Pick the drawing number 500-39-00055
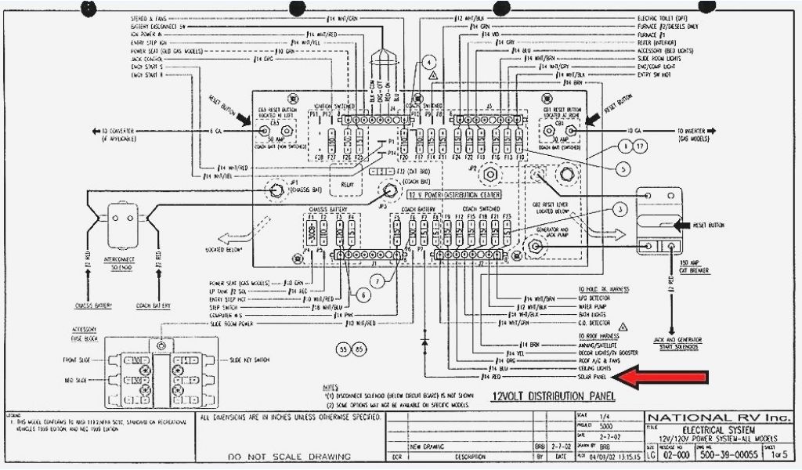729,454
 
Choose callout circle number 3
619,209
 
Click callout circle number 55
343,349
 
